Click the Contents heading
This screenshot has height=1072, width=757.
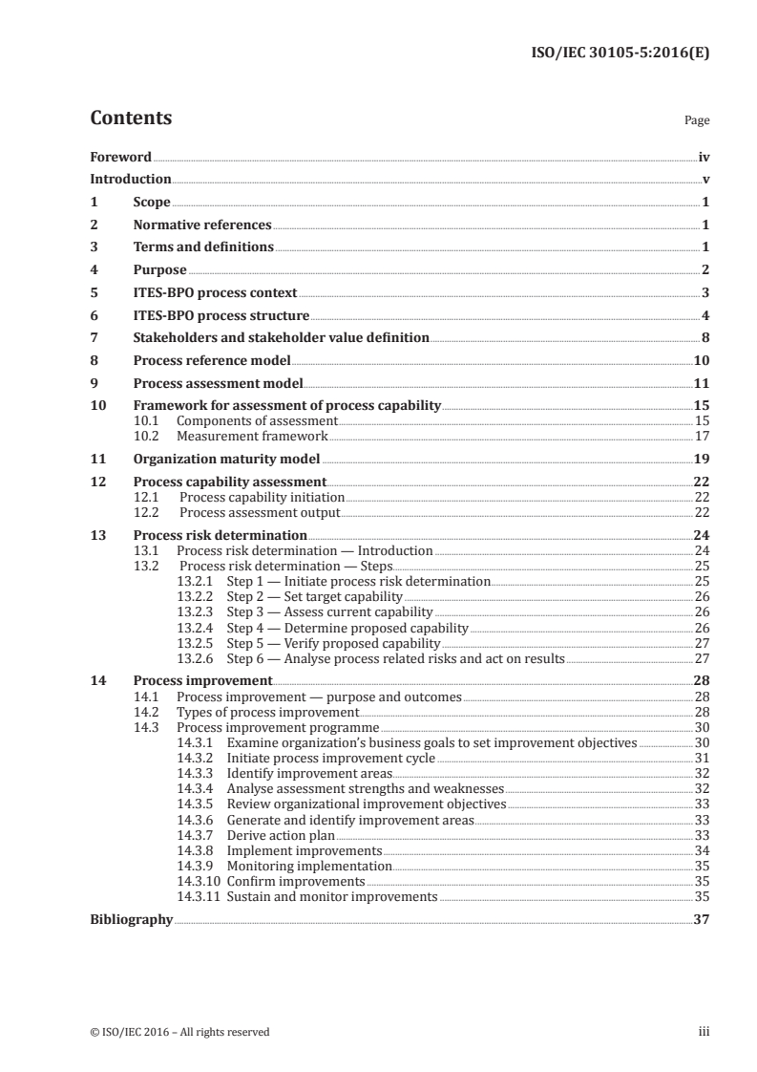pos(131,118)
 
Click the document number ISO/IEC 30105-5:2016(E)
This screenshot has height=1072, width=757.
pos(619,54)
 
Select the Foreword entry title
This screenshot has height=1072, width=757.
pos(120,157)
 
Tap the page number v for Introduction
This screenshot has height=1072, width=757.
pos(704,180)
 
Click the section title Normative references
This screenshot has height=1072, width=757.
pos(202,225)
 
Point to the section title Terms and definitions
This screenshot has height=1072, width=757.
pos(203,247)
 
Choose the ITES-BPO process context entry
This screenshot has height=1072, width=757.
pos(215,292)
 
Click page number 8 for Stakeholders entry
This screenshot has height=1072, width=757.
pos(704,337)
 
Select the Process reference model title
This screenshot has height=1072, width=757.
pos(211,360)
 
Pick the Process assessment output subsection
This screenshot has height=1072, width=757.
pos(260,512)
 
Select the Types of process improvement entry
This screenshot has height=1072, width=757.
pos(267,713)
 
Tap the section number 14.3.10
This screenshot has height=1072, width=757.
pos(199,881)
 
